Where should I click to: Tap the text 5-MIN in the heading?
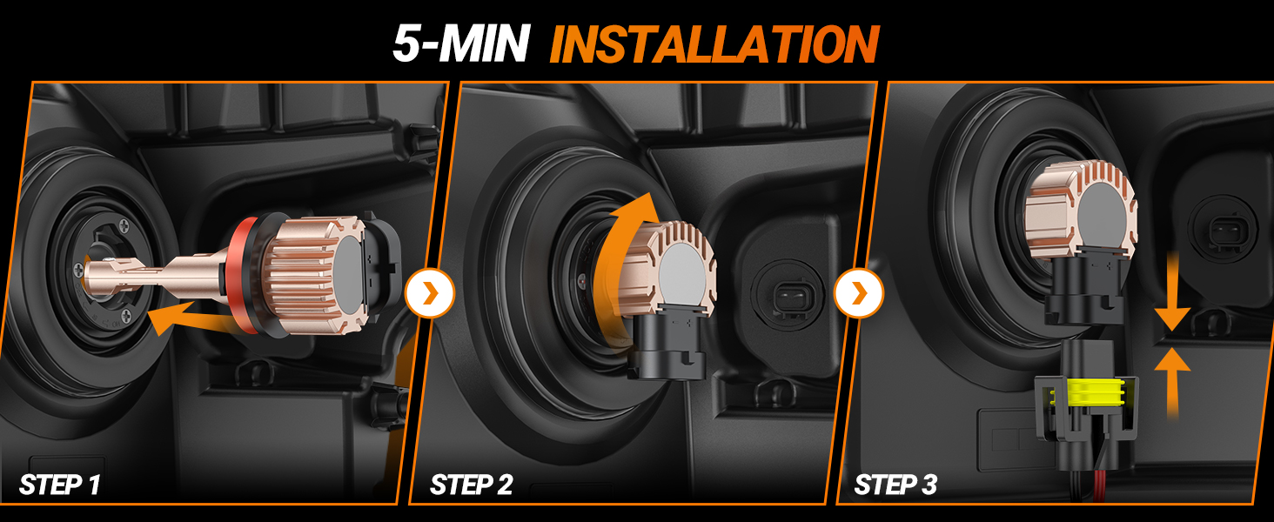[460, 43]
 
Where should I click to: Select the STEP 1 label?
[59, 485]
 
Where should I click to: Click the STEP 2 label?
[471, 485]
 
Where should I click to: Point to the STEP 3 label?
[895, 485]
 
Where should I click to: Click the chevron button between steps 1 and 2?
[430, 293]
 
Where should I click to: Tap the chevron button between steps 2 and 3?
[858, 293]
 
